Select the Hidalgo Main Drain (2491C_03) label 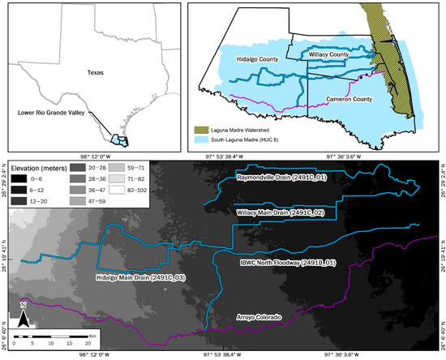point(135,278)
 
